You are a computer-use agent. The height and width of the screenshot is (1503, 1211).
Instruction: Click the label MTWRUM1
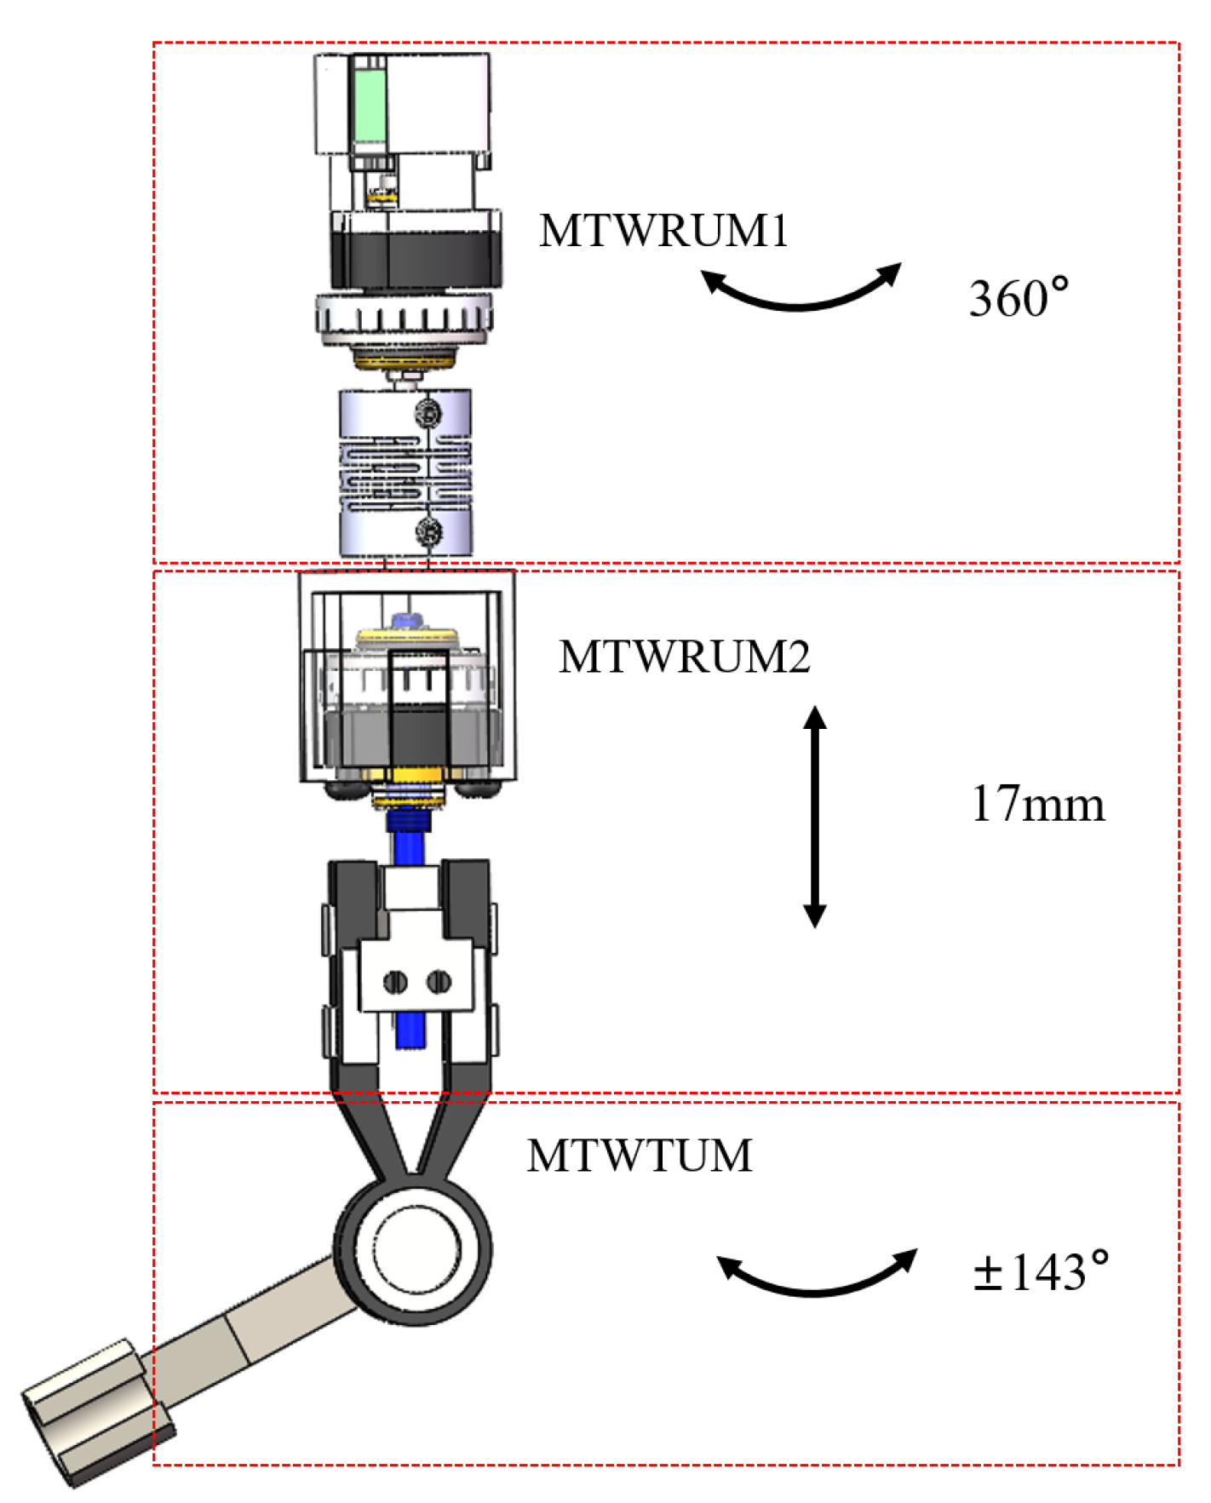663,230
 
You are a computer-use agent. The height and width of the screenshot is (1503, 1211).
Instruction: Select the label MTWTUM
639,1156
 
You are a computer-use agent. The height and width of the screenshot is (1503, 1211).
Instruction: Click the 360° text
1018,298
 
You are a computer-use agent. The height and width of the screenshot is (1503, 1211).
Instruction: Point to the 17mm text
1037,803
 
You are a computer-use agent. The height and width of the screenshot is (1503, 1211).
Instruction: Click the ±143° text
1041,1271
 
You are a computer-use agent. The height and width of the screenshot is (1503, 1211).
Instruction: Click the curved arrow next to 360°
800,294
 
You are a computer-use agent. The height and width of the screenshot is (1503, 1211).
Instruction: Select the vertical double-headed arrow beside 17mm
814,816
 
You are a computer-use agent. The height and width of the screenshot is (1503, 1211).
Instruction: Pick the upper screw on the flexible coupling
428,414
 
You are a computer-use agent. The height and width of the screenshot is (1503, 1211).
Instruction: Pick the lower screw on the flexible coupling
428,532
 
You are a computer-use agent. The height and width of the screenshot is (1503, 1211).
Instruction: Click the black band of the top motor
415,258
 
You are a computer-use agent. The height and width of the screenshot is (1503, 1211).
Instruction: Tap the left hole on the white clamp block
394,982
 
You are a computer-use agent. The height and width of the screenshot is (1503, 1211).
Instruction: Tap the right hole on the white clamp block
438,982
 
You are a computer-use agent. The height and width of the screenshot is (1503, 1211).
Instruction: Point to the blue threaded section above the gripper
409,821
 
